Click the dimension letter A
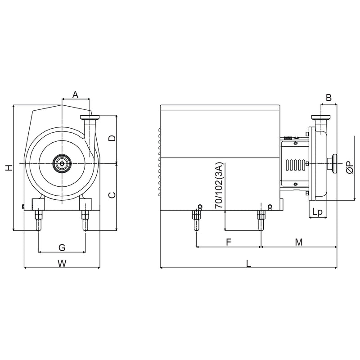pyautogui.click(x=76, y=94)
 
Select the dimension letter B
pyautogui.click(x=328, y=97)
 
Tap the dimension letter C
pyautogui.click(x=112, y=195)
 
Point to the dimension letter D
pyautogui.click(x=112, y=138)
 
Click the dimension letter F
pyautogui.click(x=228, y=242)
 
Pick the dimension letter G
pyautogui.click(x=62, y=247)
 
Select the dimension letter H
pyautogui.click(x=8, y=168)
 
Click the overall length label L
pyautogui.click(x=248, y=264)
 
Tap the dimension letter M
pyautogui.click(x=298, y=242)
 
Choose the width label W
pyautogui.click(x=62, y=264)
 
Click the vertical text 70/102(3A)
pyautogui.click(x=219, y=186)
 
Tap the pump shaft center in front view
pyautogui.click(x=61, y=163)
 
